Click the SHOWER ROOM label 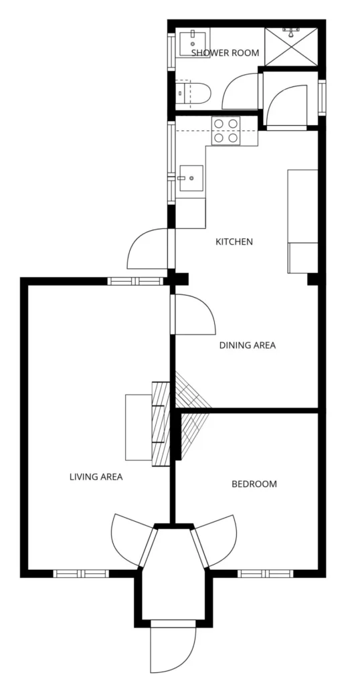225,53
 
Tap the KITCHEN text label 234,241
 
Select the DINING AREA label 248,345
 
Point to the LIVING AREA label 96,476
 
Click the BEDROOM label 254,484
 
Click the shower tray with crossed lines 291,47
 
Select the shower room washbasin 192,42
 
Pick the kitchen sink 190,178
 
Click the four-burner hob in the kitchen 226,130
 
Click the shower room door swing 241,91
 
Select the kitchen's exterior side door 148,248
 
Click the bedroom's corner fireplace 192,433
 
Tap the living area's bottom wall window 81,573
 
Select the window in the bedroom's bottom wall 265,573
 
